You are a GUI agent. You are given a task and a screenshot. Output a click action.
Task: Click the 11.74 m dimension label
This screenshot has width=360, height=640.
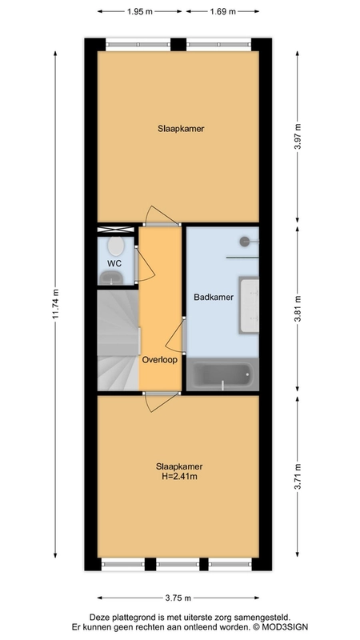(x=56, y=306)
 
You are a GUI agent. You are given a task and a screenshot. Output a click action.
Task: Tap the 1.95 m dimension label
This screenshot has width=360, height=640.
(x=139, y=11)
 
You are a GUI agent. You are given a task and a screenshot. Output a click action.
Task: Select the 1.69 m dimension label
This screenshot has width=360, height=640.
(x=223, y=11)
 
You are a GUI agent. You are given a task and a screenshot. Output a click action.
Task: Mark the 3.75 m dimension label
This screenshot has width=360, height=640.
(x=178, y=598)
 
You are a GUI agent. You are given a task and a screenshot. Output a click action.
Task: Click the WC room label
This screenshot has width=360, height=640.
(x=114, y=264)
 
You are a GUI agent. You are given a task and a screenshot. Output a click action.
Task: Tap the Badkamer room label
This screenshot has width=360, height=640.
(x=214, y=297)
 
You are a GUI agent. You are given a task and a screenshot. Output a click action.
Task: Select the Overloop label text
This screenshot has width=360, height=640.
(x=159, y=361)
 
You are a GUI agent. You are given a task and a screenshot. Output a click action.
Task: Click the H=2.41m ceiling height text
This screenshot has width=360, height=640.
(x=179, y=476)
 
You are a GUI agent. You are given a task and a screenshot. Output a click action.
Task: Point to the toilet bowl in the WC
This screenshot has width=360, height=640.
(x=116, y=246)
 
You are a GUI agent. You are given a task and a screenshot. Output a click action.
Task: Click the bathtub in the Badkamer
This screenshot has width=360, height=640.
(x=222, y=374)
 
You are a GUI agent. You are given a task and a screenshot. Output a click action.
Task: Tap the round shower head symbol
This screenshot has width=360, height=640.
(x=245, y=242)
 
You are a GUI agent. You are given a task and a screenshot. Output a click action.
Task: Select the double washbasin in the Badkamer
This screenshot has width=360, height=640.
(x=249, y=305)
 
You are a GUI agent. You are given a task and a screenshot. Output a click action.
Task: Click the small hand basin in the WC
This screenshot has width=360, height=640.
(x=112, y=278)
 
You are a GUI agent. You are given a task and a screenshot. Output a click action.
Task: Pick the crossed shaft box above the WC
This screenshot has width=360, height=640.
(x=115, y=230)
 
